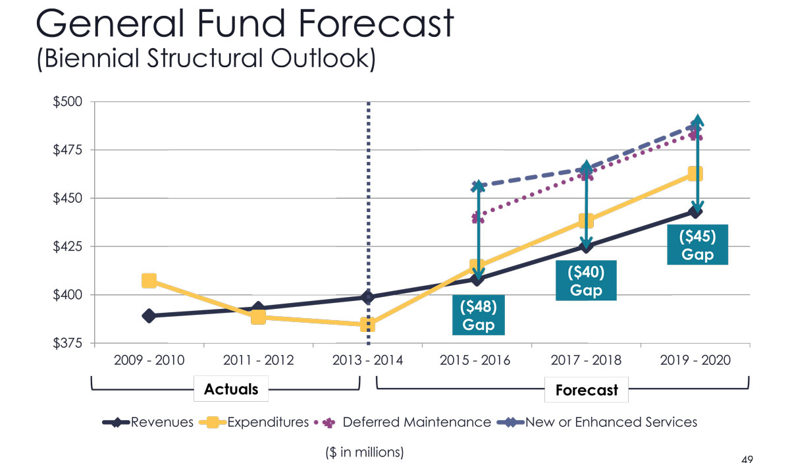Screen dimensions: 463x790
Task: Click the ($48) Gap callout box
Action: tap(479, 315)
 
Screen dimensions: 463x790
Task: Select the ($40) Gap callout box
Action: tap(586, 281)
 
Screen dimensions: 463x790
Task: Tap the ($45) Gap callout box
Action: tap(697, 244)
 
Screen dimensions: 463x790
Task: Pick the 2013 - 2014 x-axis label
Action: tap(368, 360)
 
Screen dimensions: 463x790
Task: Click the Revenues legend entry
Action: tap(148, 422)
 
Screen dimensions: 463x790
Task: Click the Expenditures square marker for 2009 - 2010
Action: tap(149, 281)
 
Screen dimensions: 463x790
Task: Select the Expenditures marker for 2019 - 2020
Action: tap(695, 173)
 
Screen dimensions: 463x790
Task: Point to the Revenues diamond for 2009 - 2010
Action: tap(149, 316)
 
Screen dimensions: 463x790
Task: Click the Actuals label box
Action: tap(231, 389)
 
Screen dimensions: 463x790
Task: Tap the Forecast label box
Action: tap(587, 390)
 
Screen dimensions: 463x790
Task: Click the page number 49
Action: tap(747, 459)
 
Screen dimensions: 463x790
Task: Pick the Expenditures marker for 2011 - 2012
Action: tap(259, 317)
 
